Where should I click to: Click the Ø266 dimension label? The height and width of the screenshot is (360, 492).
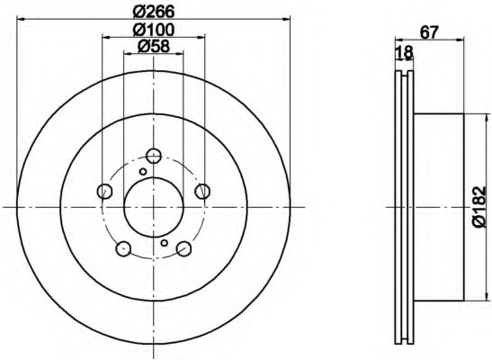154,12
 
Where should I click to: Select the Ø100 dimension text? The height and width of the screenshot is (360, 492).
154,30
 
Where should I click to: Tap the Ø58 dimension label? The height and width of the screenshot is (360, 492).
154,47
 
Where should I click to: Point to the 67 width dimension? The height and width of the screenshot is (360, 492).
429,32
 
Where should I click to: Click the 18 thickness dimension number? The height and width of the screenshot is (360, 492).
404,52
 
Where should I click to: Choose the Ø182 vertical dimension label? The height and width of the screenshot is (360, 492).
479,207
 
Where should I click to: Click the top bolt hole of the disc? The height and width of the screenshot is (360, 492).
154,155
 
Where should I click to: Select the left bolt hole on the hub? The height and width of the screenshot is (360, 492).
104,191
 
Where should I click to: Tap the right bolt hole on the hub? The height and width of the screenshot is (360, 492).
202,191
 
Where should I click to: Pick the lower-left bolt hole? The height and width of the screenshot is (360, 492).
123,248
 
